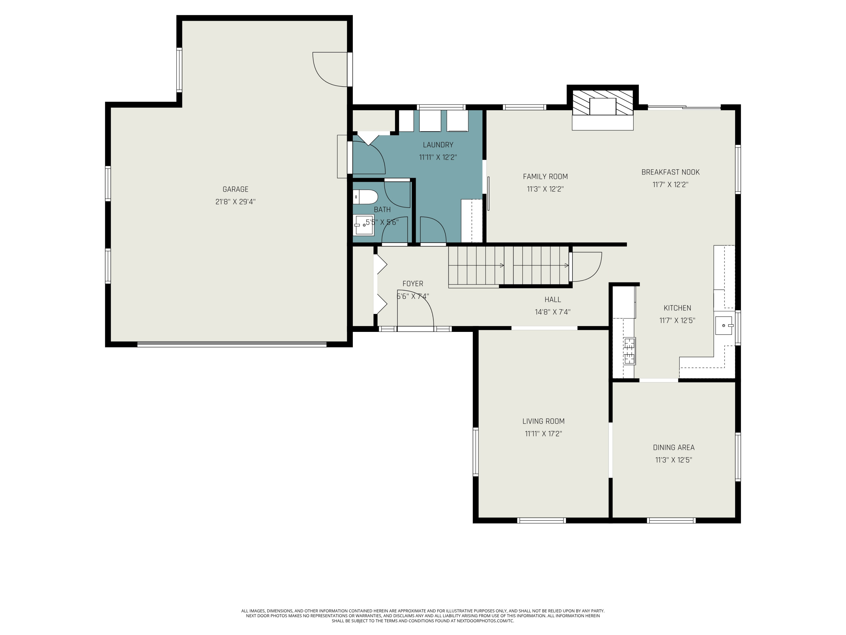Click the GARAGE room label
235,189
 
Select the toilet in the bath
365,197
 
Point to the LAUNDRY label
438,145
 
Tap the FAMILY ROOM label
545,176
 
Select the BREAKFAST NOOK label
670,172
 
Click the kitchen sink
724,326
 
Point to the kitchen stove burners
629,351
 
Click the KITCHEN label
677,308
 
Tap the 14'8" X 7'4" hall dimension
553,312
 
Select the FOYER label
413,284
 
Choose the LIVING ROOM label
543,421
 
